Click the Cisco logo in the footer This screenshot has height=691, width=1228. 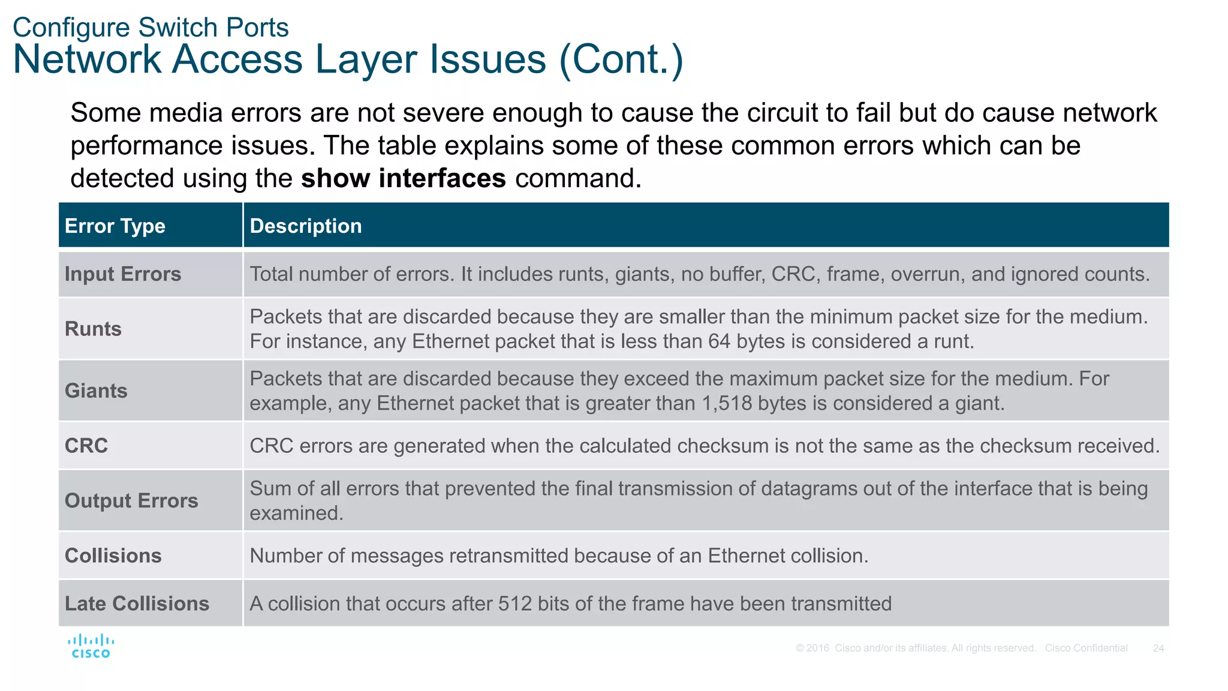91,647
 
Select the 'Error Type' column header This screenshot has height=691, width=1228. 115,226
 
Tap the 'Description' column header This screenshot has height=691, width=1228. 306,226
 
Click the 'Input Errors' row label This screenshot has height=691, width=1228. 123,274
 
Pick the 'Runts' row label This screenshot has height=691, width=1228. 93,329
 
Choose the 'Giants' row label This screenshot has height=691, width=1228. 96,390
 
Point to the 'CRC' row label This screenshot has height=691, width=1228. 86,446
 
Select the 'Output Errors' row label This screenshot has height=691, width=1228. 131,500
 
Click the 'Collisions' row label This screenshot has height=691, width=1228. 113,555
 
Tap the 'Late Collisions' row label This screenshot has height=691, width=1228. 137,603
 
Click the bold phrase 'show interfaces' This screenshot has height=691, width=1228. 404,179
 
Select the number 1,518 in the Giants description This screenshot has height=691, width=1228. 727,403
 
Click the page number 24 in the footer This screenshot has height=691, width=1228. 1158,648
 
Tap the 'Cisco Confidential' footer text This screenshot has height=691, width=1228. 1086,648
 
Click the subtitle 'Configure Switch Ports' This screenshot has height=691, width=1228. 151,28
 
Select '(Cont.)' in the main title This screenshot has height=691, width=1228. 621,59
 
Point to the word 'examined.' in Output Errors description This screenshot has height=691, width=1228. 296,513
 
